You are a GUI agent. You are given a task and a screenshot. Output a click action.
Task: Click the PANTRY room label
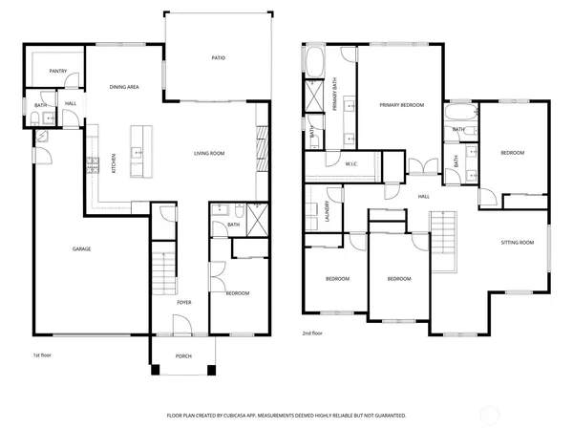(57, 70)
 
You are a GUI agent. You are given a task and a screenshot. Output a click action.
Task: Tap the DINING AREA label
(124, 87)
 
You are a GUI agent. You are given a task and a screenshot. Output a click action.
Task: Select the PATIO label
(218, 59)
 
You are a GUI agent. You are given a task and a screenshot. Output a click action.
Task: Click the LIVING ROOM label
(208, 153)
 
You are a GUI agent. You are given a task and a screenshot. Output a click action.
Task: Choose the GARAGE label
(82, 249)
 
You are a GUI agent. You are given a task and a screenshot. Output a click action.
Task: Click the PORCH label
(182, 358)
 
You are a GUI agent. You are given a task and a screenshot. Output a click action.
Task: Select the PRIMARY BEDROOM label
(401, 104)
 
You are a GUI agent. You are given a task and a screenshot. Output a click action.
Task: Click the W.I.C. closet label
(350, 164)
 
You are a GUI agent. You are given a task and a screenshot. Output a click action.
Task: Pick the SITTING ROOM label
(518, 244)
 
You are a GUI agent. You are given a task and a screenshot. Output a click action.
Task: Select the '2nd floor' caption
(311, 333)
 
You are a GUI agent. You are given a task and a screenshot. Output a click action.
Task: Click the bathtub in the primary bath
(315, 63)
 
